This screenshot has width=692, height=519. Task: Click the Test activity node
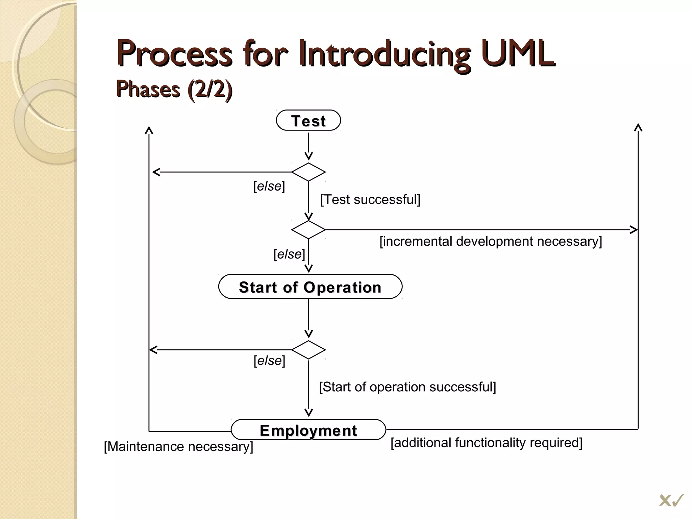[x=308, y=120]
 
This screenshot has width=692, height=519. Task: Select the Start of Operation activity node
[x=310, y=287]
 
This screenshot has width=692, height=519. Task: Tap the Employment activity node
[x=308, y=430]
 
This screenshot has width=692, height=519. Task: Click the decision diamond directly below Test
[x=308, y=172]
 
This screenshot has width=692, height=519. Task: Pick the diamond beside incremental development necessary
[x=308, y=230]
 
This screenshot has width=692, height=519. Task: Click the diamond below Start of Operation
[x=308, y=350]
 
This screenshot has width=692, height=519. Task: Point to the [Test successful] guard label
[x=370, y=199]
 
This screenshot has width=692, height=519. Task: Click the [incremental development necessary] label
[x=490, y=241]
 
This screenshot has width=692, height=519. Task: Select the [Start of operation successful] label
[x=407, y=387]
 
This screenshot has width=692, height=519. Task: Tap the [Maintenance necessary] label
[x=178, y=446]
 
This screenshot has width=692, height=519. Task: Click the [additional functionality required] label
[x=486, y=443]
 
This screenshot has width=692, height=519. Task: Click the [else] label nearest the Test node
[x=269, y=186]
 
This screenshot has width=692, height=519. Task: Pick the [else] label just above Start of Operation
[x=289, y=254]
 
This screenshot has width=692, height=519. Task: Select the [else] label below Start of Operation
[x=269, y=361]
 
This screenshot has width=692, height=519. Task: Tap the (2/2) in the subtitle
[x=209, y=89]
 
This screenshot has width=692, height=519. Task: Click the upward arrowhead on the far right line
[x=638, y=128]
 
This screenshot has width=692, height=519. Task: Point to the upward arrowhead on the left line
[x=149, y=130]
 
